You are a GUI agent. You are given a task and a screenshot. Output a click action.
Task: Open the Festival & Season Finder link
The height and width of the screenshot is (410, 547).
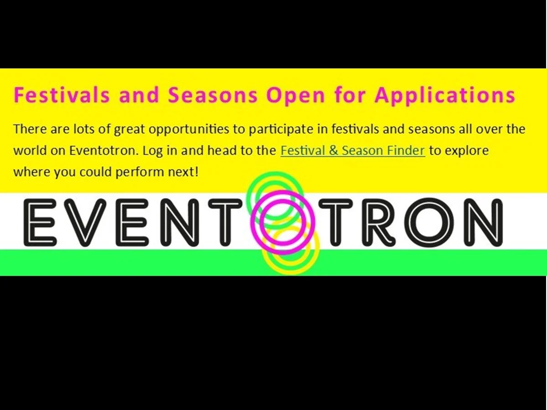pyautogui.click(x=352, y=151)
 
